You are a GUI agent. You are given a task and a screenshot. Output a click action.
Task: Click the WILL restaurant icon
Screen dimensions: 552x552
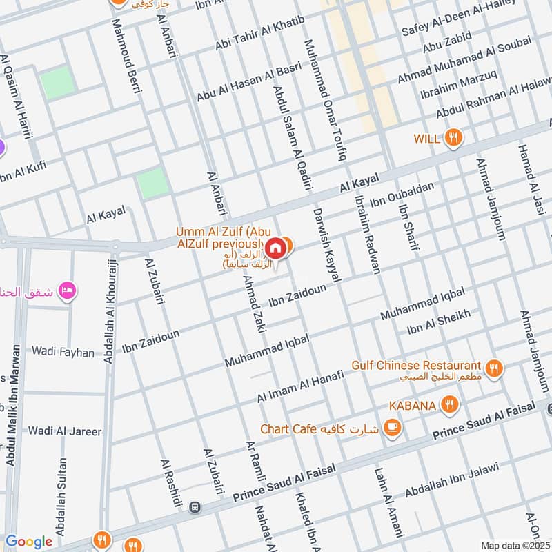453,137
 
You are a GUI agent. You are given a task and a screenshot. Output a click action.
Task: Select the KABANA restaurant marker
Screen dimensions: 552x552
450,405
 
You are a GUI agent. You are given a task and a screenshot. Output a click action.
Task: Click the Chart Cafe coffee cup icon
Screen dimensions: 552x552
393,428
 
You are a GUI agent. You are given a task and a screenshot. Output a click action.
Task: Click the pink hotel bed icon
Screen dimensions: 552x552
67,289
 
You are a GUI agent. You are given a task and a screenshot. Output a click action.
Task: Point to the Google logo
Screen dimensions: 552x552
29,542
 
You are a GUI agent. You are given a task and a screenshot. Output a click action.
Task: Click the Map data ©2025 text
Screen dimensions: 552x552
514,545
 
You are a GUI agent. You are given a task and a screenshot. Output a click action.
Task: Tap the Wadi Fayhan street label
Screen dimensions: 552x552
63,352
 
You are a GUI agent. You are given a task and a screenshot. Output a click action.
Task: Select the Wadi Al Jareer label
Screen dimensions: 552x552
64,431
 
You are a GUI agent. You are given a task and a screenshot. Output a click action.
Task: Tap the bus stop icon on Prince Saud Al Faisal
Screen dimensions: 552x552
195,507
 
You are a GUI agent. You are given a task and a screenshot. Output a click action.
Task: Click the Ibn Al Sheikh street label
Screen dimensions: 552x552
439,321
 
